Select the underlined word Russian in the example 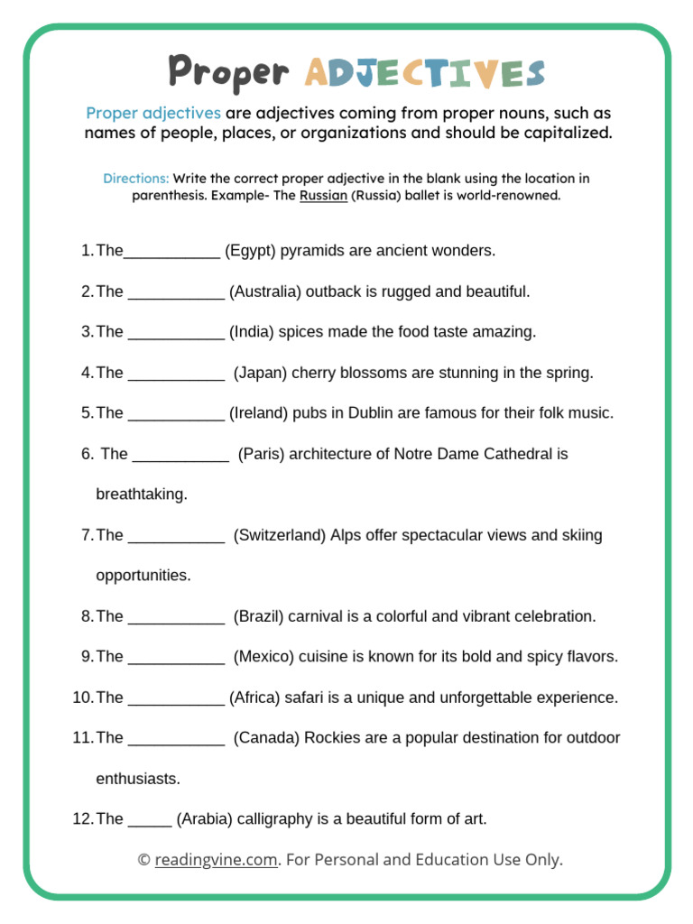point(323,195)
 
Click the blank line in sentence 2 point(176,293)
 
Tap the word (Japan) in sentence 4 point(261,372)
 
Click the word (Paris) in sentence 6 point(262,453)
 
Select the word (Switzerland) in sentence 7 point(280,534)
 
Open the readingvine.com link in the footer point(216,860)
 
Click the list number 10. point(82,697)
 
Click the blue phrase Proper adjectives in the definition point(153,113)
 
